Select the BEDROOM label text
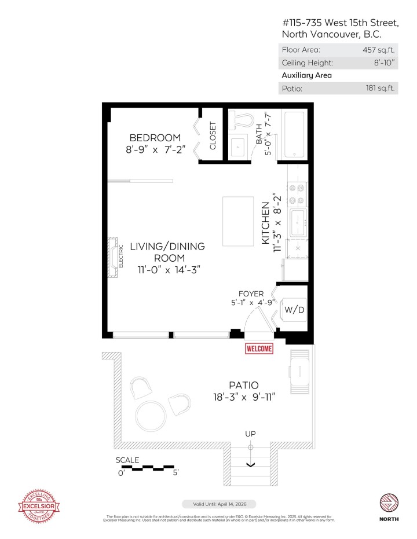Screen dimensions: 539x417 (x=155, y=138)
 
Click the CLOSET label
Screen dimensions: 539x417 (x=213, y=135)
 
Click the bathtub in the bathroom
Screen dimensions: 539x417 (x=295, y=134)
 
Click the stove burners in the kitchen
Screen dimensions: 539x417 (x=297, y=195)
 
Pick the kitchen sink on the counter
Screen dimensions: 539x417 (x=298, y=220)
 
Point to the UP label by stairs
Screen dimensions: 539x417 (x=250, y=434)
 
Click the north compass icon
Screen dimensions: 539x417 (x=388, y=503)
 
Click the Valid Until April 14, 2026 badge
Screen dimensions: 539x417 (x=218, y=504)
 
